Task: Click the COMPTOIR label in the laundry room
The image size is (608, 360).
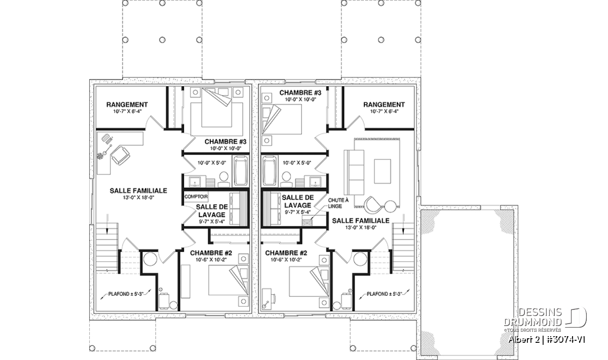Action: [x=196, y=196]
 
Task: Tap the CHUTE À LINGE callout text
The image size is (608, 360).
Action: [x=338, y=203]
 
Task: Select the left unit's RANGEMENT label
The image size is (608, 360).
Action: [x=127, y=104]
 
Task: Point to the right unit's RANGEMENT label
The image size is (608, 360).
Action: [x=384, y=104]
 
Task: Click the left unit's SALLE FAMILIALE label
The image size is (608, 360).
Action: [x=138, y=191]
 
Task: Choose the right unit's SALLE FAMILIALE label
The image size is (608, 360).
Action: [x=361, y=221]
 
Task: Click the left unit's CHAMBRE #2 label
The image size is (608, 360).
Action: [x=211, y=253]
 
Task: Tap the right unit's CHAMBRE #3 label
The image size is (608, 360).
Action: [x=300, y=93]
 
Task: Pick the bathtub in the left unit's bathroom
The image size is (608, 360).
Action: [x=241, y=171]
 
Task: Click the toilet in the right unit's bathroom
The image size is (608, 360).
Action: [x=286, y=180]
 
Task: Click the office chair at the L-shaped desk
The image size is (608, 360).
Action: [x=120, y=155]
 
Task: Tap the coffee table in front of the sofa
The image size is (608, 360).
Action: [x=383, y=172]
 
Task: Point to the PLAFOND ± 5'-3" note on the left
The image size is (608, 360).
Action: [x=126, y=294]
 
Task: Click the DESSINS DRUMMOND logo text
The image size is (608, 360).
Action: [x=533, y=317]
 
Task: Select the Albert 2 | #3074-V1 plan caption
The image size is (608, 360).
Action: [x=547, y=340]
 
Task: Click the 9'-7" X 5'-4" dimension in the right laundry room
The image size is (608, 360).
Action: [x=297, y=213]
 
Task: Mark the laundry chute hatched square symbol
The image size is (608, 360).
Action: [x=307, y=222]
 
